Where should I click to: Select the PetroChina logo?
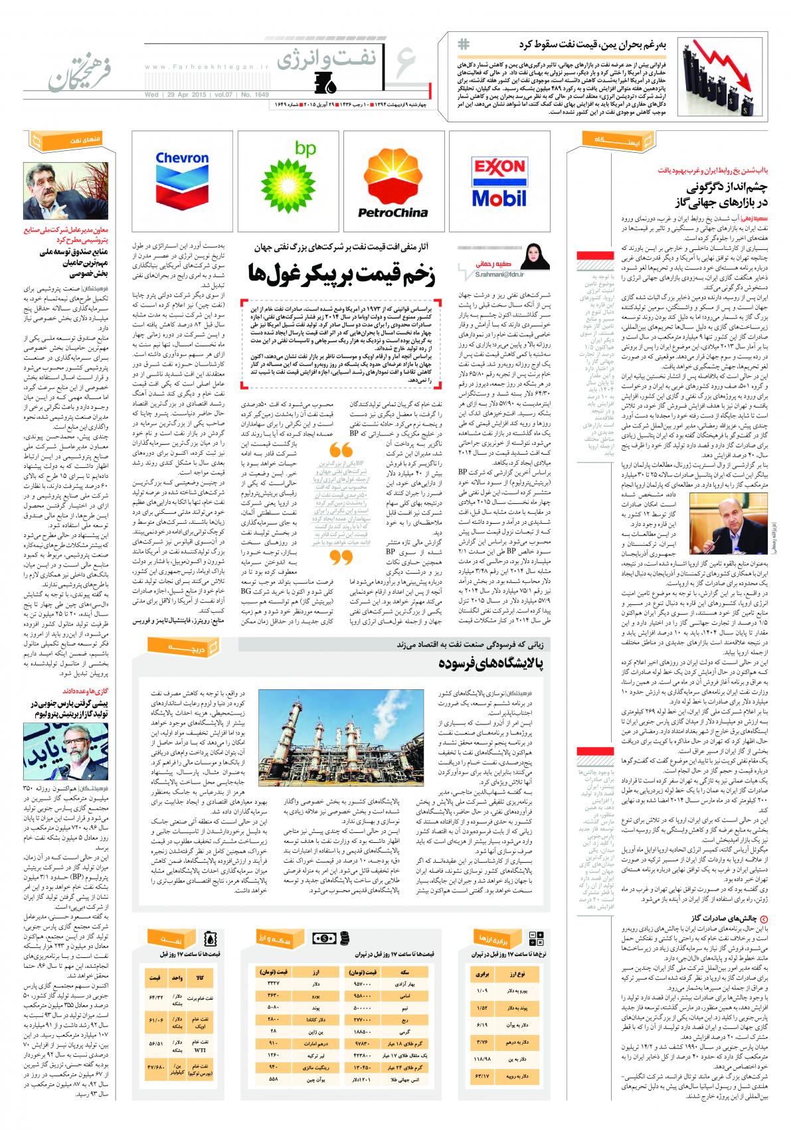pos(393,179)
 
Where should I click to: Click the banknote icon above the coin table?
pos(327,938)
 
